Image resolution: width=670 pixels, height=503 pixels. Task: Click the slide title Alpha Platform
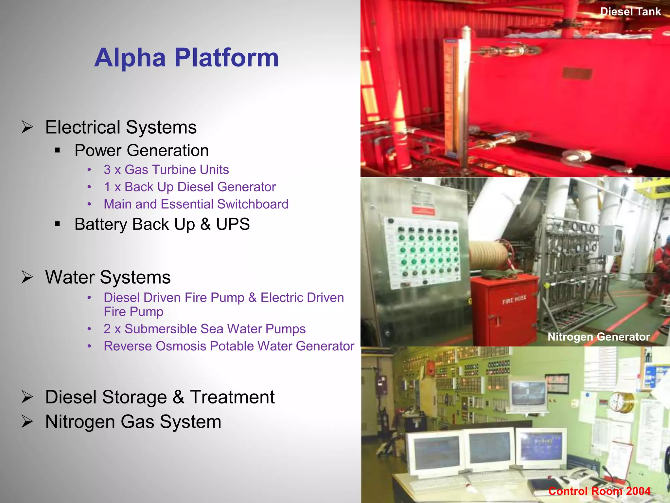click(186, 58)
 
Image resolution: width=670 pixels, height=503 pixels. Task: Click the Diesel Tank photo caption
click(630, 12)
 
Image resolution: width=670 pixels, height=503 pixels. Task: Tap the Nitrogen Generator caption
click(598, 337)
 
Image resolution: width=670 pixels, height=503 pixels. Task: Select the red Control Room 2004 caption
click(599, 491)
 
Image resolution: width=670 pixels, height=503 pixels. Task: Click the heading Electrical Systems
click(121, 127)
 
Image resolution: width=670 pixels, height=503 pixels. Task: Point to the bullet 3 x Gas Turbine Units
click(166, 170)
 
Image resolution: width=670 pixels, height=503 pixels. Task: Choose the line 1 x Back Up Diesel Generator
click(190, 187)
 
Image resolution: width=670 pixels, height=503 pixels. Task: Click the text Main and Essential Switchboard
click(196, 204)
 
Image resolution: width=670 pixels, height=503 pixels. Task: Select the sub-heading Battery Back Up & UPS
click(162, 224)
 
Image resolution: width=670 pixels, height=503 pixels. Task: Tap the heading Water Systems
click(108, 277)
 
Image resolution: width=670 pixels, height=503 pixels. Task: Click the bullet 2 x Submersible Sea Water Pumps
click(204, 329)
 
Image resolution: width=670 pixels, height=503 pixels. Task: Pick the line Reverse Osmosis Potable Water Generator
click(229, 346)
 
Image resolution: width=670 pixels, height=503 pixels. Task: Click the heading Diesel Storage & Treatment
click(160, 397)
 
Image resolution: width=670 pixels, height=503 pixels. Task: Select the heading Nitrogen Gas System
click(133, 422)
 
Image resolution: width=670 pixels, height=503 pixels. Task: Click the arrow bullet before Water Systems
click(27, 277)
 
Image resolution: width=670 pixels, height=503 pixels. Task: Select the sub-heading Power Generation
click(141, 151)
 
